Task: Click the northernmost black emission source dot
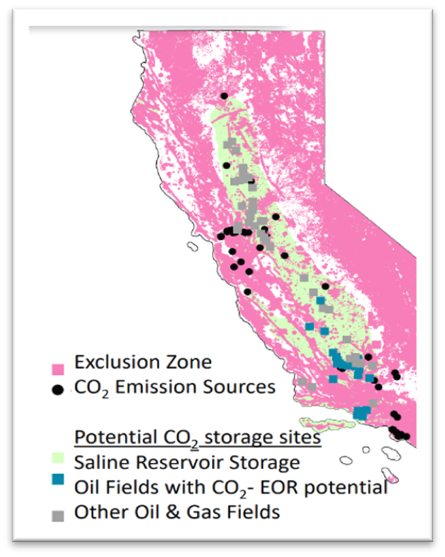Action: (x=224, y=96)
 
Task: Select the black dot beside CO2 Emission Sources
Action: (x=57, y=390)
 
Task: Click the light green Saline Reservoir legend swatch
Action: (x=57, y=463)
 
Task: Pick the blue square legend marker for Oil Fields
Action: (x=57, y=488)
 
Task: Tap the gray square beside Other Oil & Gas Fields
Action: (x=57, y=515)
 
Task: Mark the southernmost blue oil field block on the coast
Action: (x=362, y=412)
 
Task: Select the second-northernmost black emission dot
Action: (x=226, y=166)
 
